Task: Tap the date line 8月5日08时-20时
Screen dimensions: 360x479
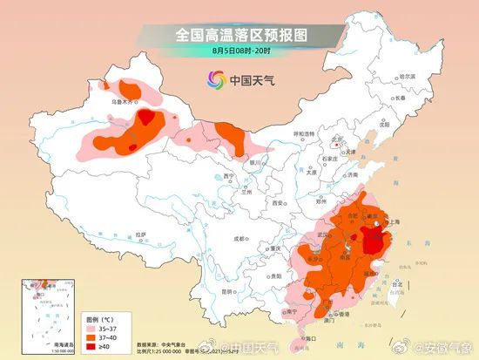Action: point(240,52)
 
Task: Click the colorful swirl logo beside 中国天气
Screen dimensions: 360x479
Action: point(214,80)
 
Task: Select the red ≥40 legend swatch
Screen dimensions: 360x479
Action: point(91,346)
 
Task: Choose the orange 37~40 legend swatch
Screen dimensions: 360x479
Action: point(91,337)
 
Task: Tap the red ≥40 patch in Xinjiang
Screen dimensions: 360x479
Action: point(147,117)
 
